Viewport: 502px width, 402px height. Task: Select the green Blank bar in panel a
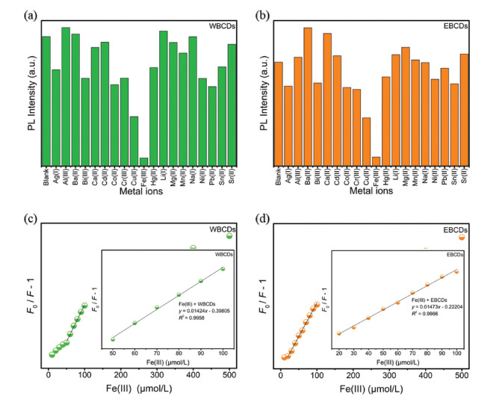click(46, 100)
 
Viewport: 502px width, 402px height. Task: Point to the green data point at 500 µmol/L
click(229, 236)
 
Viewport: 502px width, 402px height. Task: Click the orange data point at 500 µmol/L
click(462, 237)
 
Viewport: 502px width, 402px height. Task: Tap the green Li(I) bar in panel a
click(163, 98)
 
